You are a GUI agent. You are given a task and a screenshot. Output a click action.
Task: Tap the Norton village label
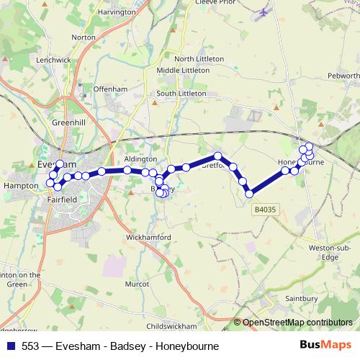pos(84,37)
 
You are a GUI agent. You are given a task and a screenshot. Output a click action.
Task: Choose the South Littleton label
pos(181,94)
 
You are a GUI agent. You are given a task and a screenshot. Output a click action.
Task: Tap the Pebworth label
pos(343,75)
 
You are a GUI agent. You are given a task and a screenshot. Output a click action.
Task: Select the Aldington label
pos(140,158)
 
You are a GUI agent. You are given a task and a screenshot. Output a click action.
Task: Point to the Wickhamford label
pos(148,237)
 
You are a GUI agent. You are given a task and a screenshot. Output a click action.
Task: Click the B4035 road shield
pos(265,210)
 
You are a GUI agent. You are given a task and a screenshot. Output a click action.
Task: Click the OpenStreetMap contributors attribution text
pos(297,323)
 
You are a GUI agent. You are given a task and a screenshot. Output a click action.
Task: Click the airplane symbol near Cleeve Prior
pos(264,12)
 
